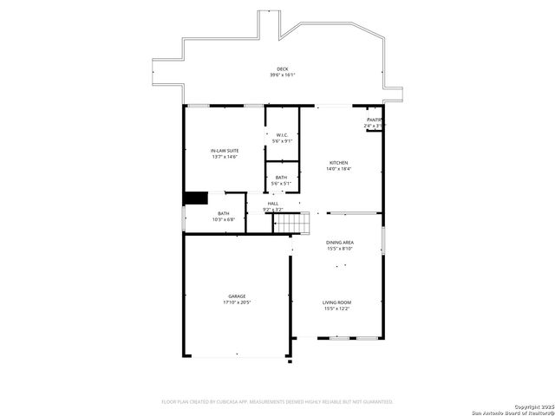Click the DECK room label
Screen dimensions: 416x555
(x=282, y=69)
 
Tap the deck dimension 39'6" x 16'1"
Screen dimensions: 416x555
(x=282, y=75)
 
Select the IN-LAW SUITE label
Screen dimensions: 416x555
(x=225, y=151)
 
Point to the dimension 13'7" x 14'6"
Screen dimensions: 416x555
(x=225, y=157)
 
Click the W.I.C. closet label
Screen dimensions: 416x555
(x=282, y=134)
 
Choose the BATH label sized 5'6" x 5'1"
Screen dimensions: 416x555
(x=282, y=177)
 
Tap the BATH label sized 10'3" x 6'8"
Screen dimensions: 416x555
(x=224, y=213)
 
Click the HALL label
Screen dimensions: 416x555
(x=272, y=204)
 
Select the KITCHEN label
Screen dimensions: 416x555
(x=338, y=163)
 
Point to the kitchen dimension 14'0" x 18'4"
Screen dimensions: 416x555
(x=338, y=169)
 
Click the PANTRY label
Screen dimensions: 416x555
(x=374, y=120)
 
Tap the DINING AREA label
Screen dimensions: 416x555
(x=339, y=243)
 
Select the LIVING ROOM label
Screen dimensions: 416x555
(x=337, y=302)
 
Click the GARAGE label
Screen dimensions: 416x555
(x=237, y=296)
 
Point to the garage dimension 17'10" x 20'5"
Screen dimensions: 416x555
(x=237, y=302)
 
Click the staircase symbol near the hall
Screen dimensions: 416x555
(x=291, y=223)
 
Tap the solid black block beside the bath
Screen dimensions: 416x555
(x=196, y=198)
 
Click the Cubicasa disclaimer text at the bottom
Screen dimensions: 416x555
(x=277, y=401)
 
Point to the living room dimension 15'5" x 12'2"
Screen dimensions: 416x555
(x=337, y=309)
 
